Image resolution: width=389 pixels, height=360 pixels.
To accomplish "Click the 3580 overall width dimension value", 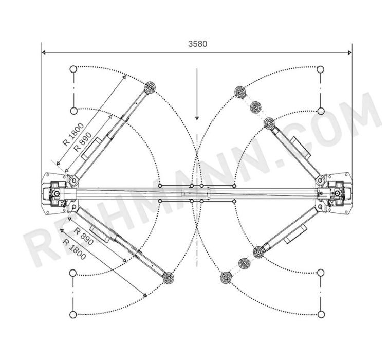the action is point(197,44).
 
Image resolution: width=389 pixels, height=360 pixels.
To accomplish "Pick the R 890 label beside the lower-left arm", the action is point(84,236).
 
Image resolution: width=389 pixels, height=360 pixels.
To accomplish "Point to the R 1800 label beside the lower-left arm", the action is point(74,249).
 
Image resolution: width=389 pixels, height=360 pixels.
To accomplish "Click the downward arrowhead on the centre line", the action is point(197,118).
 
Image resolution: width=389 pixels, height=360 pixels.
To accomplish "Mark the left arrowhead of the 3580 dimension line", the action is point(44,52).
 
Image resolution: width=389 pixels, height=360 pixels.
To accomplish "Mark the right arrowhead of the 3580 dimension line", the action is point(350,52).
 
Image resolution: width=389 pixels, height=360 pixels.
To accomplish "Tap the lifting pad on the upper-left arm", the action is point(150,87).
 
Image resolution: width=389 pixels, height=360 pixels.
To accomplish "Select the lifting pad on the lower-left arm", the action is point(168,277).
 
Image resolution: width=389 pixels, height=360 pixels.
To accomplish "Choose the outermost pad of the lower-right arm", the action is point(226,278).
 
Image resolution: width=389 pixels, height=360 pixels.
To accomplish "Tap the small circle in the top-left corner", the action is point(73,69).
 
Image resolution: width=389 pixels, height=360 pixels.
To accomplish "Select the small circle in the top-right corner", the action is point(321,69).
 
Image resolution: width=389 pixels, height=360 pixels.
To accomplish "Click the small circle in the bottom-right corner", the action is point(321,314).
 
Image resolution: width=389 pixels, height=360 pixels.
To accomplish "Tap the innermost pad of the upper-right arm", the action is point(269,123).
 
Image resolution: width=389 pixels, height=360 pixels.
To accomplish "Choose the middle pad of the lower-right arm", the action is point(244,263).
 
